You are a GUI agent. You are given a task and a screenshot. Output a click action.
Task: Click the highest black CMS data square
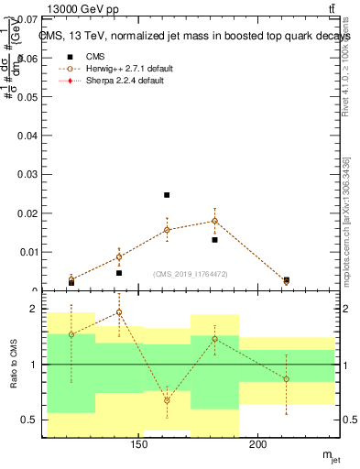pos(167,195)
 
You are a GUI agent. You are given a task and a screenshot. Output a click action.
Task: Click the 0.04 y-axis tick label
pos(25,136)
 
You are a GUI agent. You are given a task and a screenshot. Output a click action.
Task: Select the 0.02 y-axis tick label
pos(25,213)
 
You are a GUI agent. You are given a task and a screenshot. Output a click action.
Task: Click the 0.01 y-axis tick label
pos(25,252)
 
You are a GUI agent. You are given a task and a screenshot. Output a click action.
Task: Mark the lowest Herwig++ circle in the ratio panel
pos(167,400)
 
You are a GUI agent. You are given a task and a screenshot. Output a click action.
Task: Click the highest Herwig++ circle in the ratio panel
pos(119,312)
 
